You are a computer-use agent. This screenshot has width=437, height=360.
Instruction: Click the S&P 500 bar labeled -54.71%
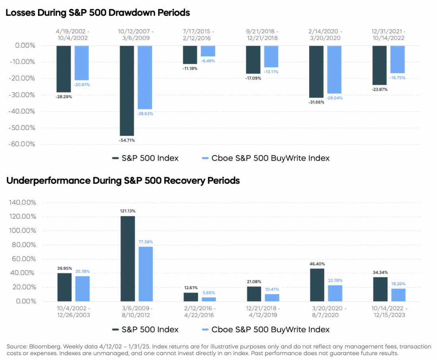tap(127, 90)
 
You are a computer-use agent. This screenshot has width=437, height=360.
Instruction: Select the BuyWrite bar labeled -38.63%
tap(145, 77)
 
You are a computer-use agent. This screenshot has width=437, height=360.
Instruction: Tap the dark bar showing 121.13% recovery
tap(128, 258)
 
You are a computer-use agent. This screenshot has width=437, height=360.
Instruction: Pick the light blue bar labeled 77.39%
tap(145, 274)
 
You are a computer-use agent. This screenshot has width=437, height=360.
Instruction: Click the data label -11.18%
tap(189, 68)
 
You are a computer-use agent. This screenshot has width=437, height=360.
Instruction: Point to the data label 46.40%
tap(317, 264)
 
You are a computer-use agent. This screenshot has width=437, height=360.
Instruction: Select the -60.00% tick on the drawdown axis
tap(22, 144)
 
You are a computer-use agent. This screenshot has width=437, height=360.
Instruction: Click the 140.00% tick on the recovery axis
tap(22, 202)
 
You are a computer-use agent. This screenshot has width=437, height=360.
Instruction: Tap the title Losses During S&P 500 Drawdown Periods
tap(98, 13)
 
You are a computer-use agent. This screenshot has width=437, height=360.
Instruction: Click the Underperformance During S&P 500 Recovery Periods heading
tap(123, 181)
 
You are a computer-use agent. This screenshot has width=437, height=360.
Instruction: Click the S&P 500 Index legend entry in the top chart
tap(145, 158)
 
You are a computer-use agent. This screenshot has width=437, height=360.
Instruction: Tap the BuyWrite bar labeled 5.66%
tap(209, 299)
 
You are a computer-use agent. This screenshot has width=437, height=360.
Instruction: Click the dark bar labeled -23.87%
tap(379, 65)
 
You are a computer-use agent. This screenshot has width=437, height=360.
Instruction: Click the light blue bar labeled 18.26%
tap(398, 295)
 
